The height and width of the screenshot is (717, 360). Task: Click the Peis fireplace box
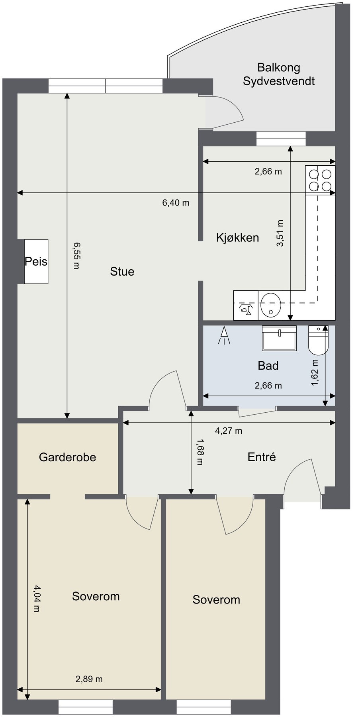pos(36,261)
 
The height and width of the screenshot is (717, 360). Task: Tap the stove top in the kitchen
pos(321,180)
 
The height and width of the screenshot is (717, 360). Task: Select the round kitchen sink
pos(271,305)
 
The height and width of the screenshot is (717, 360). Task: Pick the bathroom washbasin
pos(279,338)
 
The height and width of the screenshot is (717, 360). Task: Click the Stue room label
pos(122,272)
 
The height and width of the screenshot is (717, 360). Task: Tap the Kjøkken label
pos(237,238)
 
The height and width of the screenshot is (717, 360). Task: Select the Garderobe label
pos(67,457)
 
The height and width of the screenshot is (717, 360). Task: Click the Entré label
pos(262,456)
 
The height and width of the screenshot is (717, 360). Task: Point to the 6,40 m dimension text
pos(176,203)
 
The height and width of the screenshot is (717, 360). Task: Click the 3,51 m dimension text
pos(280,233)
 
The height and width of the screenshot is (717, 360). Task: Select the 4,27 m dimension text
pos(229,431)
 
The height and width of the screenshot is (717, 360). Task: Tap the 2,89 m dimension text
pos(89,679)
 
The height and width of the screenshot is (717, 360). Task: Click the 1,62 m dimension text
pos(315,372)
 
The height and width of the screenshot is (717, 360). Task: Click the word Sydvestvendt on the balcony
pos(279,81)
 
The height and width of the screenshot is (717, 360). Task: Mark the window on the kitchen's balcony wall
pos(281,139)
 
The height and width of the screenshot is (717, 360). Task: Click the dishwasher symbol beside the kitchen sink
pos(246,305)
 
